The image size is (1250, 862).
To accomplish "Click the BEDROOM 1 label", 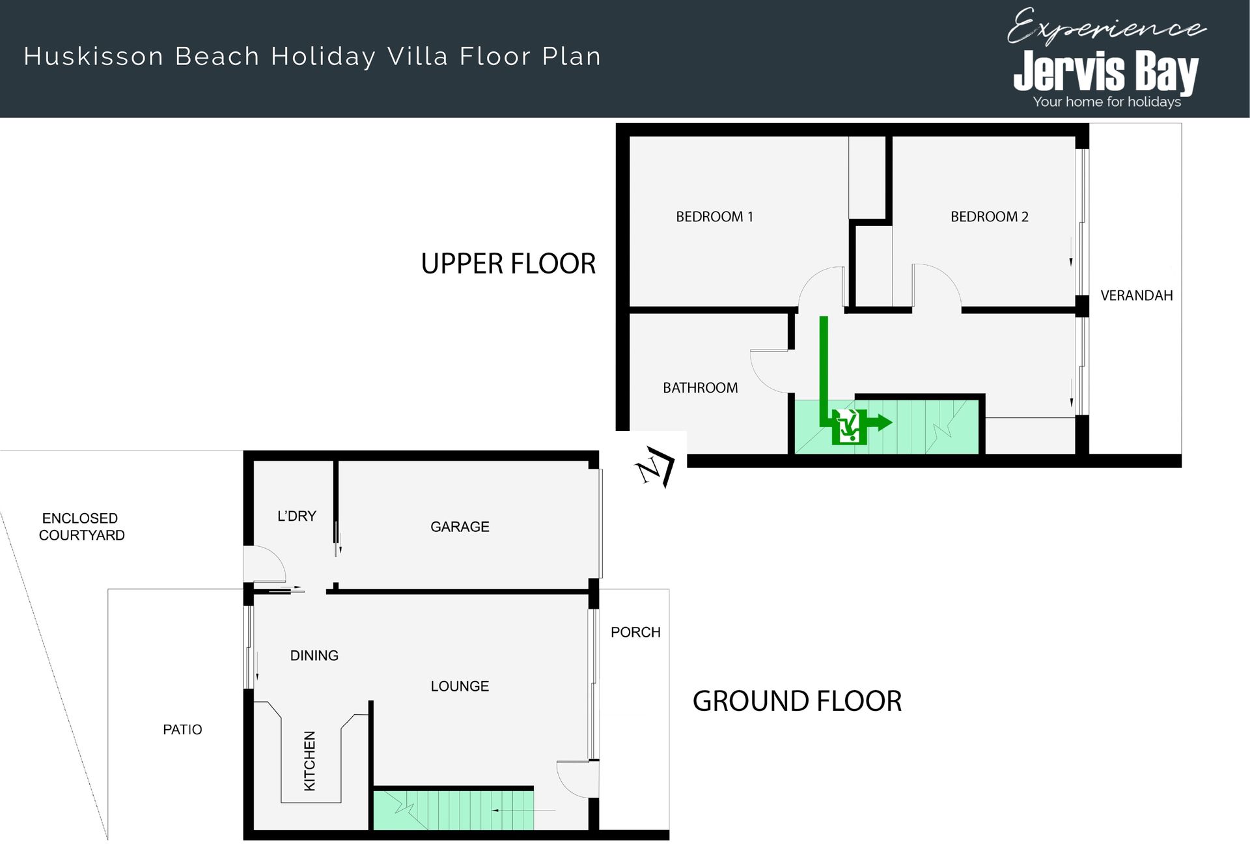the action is pos(714,217).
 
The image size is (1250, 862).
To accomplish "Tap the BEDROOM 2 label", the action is pos(989,217).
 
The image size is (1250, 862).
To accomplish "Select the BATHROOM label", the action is pos(700,388).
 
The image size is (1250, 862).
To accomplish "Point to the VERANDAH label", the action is pos(1136,296).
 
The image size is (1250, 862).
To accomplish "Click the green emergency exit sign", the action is pos(849,427).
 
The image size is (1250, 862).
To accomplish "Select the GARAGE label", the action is pos(460,527).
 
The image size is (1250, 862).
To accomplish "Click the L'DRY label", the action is pos(297,516).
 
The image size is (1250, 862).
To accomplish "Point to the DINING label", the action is pos(314,656).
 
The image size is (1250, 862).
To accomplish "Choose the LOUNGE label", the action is pos(460,686).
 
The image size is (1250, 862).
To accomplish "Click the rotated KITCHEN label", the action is pos(310,761).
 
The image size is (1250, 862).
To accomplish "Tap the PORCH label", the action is pos(635,632).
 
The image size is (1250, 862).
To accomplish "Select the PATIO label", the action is pos(182,730).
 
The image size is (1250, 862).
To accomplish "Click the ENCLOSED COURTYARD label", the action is pos(81,527).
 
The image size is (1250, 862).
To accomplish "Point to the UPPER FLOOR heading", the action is pos(508,264).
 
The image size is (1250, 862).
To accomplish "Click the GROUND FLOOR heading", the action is pos(797,701).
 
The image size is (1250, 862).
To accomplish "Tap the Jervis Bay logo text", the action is pos(1106,70).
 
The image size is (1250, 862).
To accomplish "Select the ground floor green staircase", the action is pos(453,810).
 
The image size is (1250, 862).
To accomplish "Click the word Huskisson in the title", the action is pos(94,57).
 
